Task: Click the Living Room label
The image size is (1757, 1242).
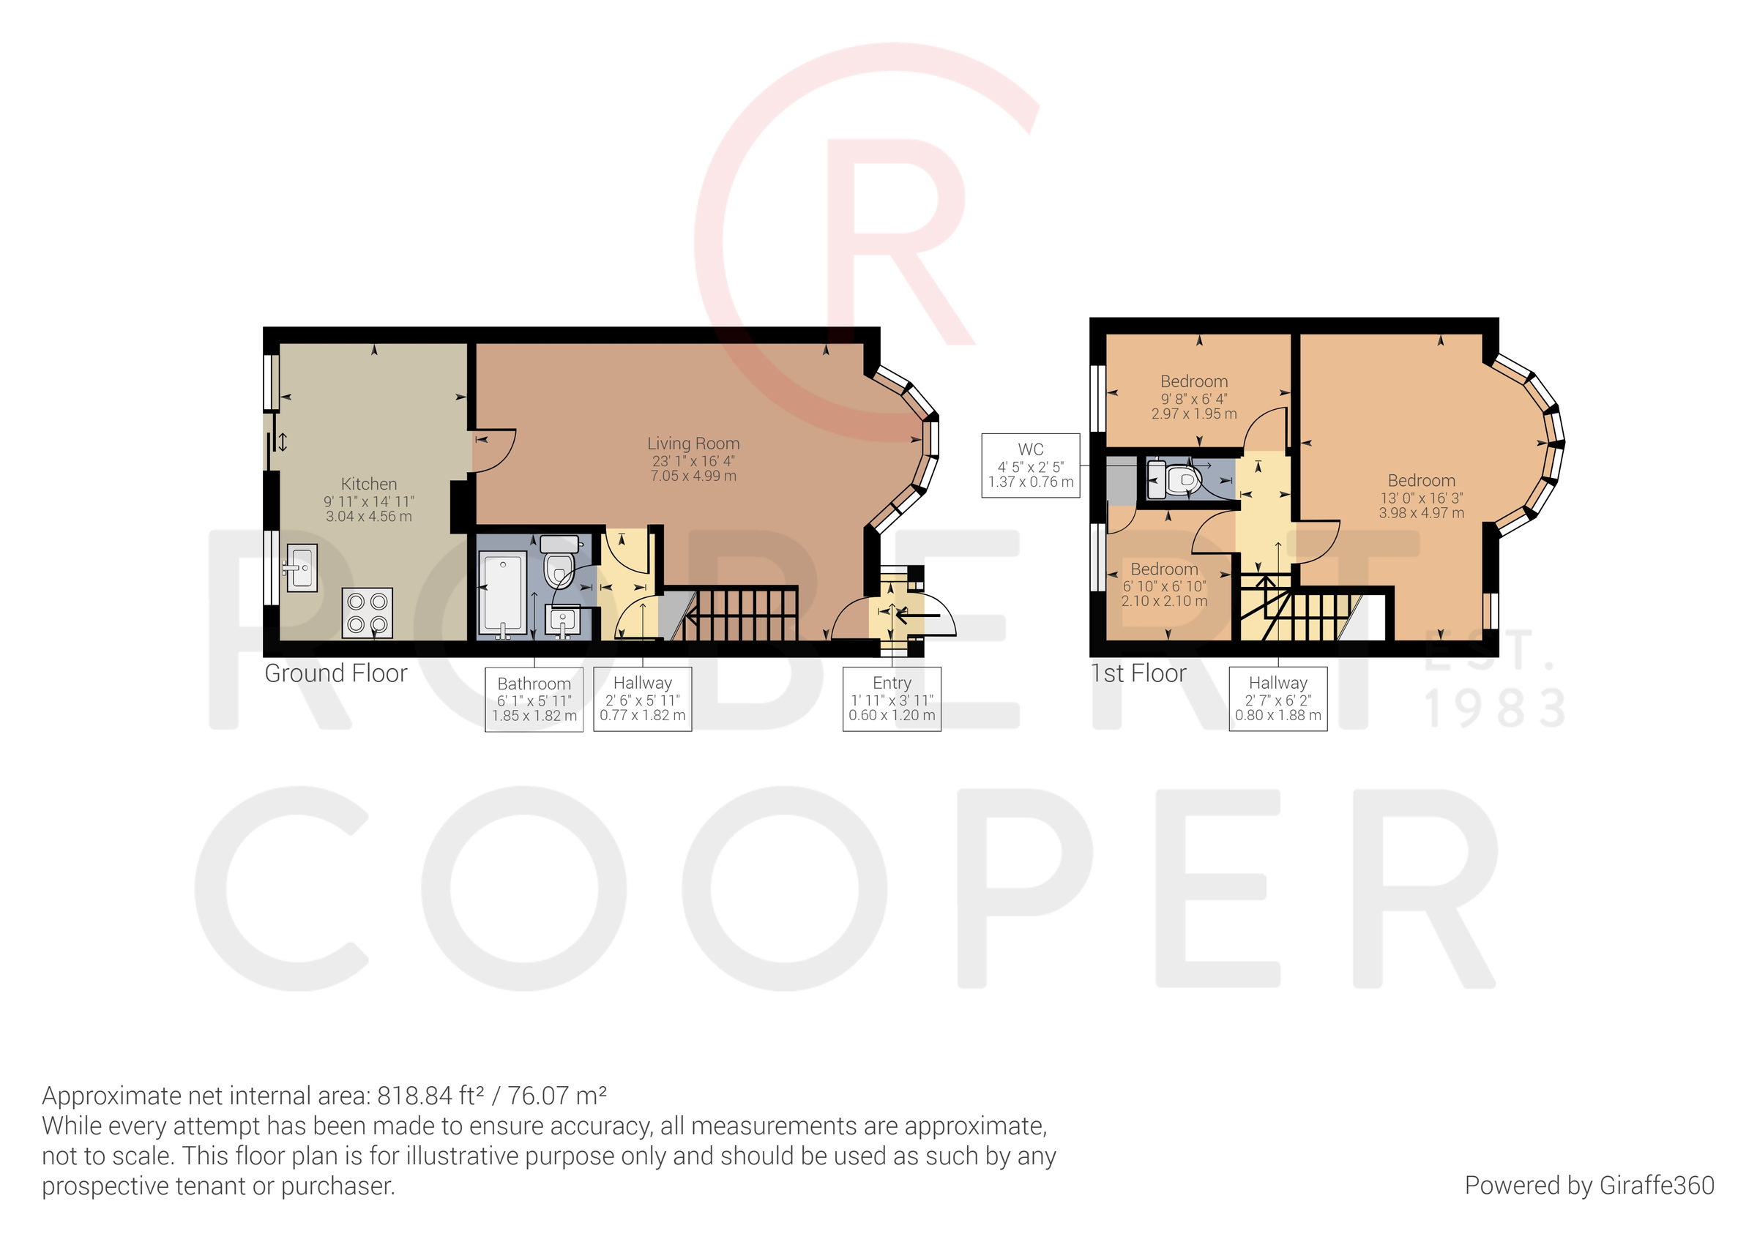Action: click(x=693, y=443)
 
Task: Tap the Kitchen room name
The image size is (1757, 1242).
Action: click(x=369, y=484)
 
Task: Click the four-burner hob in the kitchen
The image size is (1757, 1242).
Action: click(x=368, y=613)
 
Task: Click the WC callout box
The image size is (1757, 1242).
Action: click(x=1030, y=465)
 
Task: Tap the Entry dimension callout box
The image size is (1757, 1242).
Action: click(x=892, y=699)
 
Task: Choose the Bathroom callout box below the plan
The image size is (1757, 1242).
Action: click(x=534, y=700)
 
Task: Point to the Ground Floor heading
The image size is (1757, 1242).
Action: click(x=336, y=673)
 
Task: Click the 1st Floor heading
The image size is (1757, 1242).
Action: click(x=1138, y=673)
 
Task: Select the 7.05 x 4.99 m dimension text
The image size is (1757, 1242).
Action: click(x=693, y=476)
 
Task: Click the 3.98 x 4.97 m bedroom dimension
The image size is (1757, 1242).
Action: click(x=1421, y=513)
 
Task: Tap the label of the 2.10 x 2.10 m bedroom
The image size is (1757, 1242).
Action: click(x=1164, y=569)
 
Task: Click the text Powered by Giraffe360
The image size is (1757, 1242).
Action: click(x=1589, y=1186)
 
